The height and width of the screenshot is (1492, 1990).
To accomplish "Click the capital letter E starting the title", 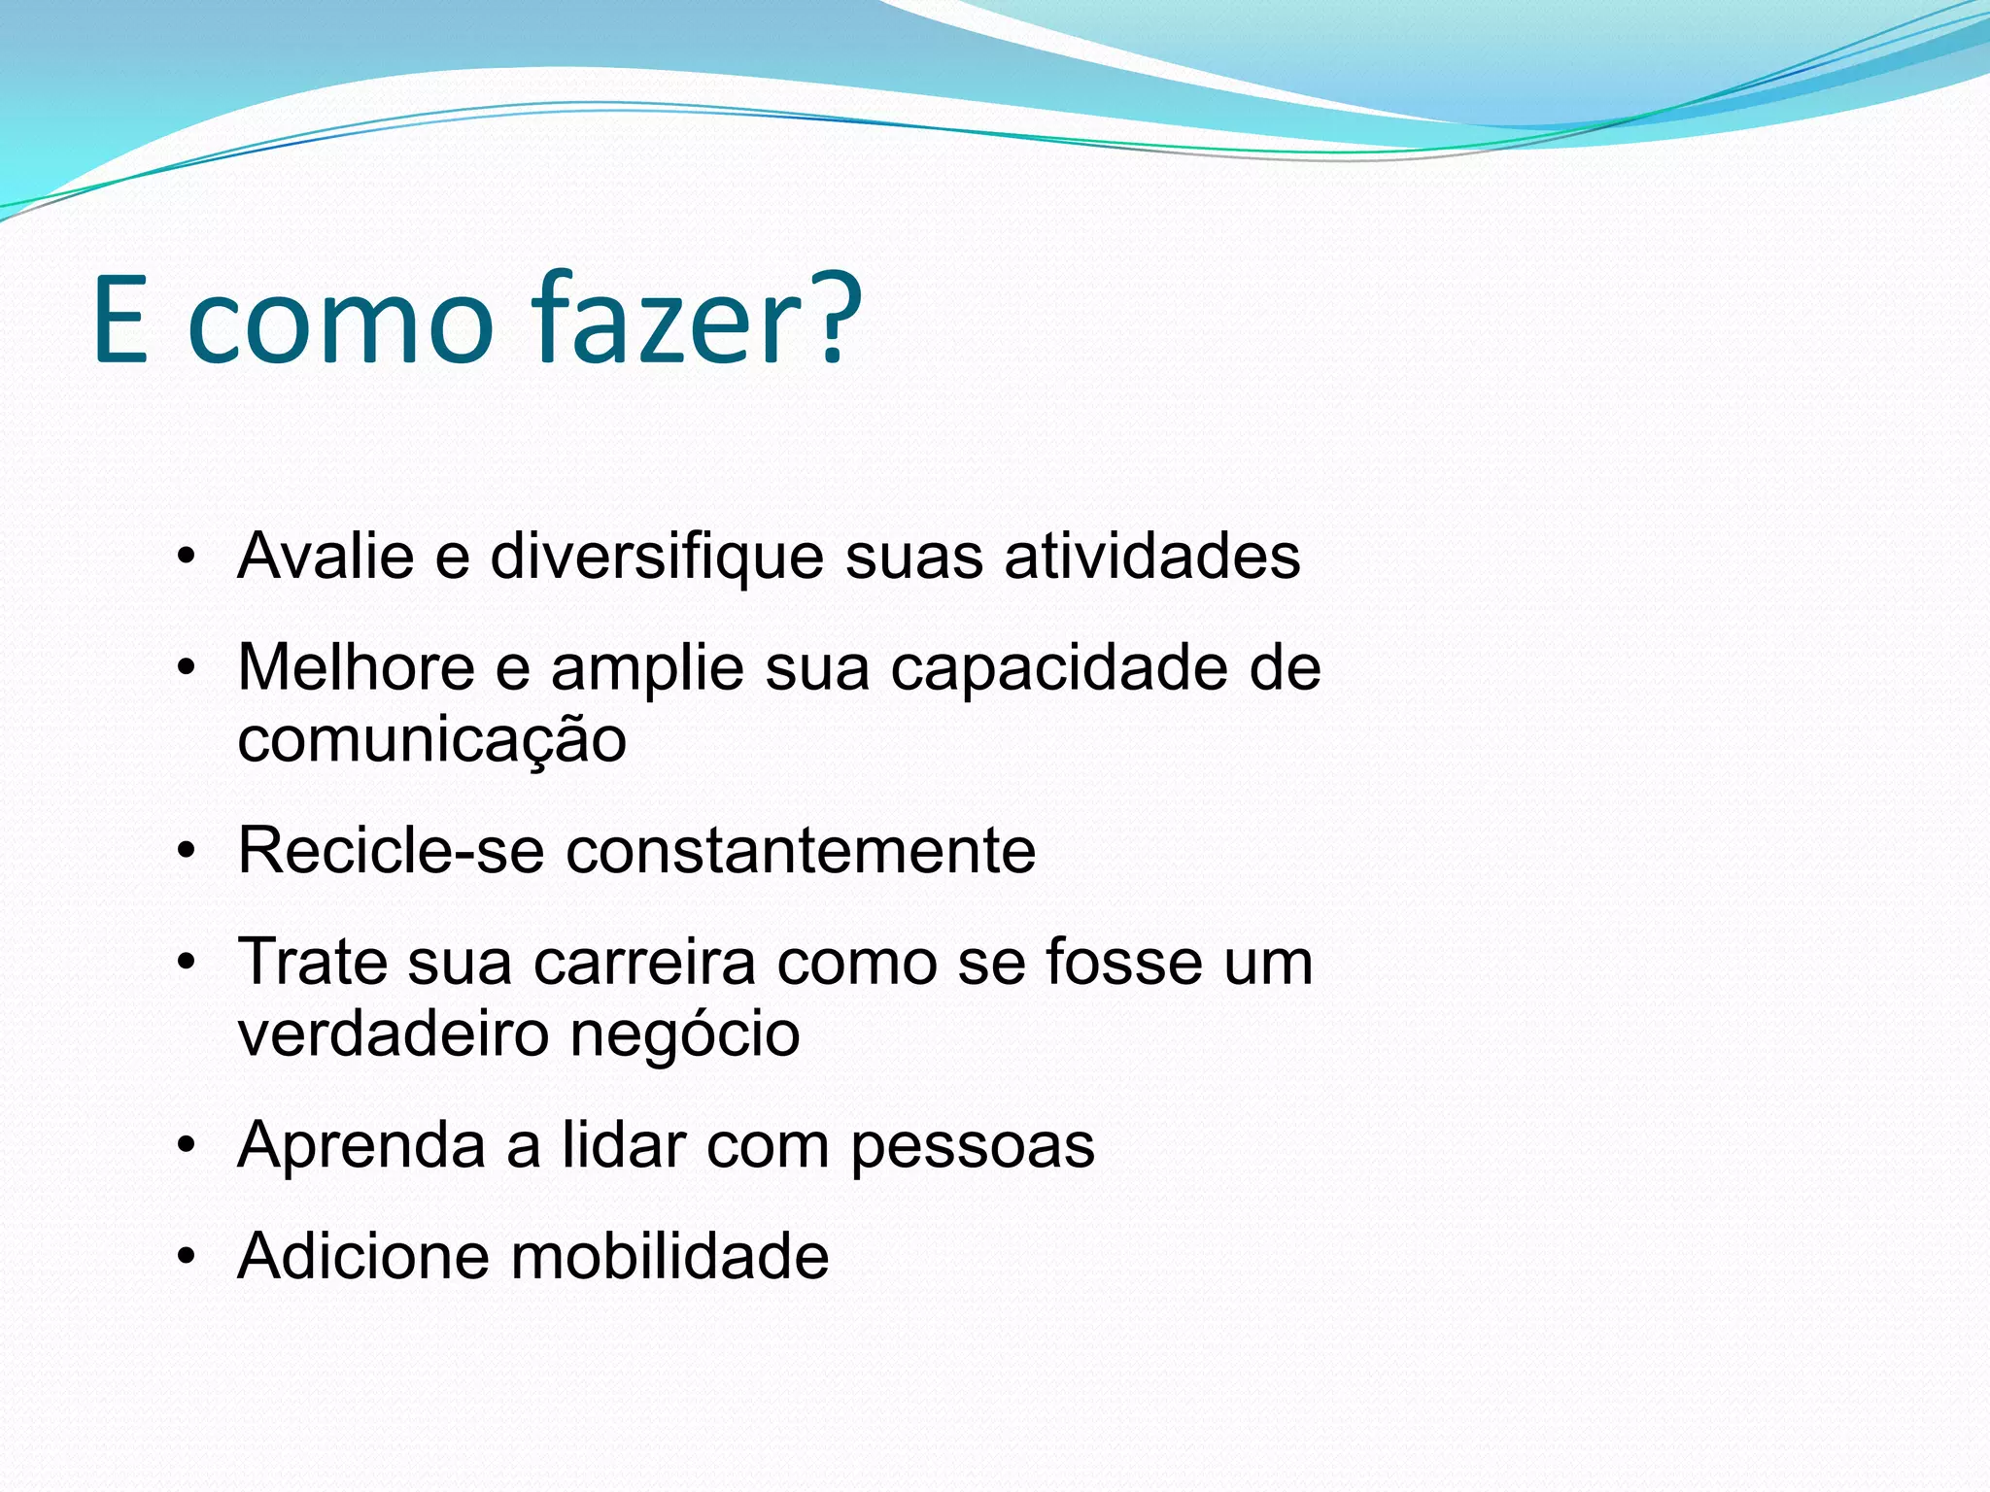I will (121, 321).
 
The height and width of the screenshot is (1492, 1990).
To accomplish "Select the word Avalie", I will (326, 557).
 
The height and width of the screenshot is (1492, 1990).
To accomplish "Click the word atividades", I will (1151, 557).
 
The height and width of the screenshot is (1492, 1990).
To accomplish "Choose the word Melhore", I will (357, 668).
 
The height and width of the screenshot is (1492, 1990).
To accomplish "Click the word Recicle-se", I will (391, 851).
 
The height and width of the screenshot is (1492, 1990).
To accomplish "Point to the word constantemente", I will (801, 851).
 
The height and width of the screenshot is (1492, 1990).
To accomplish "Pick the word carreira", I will (644, 963).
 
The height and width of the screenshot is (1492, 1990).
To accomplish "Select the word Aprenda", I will (361, 1146).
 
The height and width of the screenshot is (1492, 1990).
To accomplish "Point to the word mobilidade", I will (669, 1257).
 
